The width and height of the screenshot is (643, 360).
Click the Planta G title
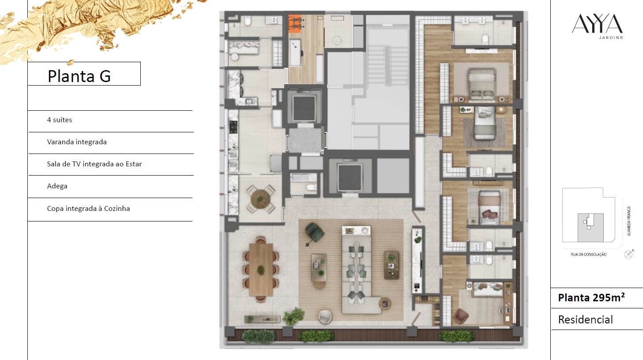tap(79, 76)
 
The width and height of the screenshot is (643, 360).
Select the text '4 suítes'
tap(60, 120)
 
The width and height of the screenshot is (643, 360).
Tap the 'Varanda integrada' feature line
tap(77, 142)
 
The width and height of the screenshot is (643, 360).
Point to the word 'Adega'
tap(57, 186)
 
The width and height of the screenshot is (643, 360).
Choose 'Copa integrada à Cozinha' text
tap(88, 208)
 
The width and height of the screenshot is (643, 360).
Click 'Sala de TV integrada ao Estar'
tap(94, 164)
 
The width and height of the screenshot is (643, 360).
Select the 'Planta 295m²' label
tap(591, 298)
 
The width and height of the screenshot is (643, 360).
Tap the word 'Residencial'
tap(585, 319)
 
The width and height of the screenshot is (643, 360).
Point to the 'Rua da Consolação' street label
tap(588, 255)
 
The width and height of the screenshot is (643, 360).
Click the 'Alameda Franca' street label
tap(629, 221)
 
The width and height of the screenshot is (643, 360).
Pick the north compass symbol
tap(628, 254)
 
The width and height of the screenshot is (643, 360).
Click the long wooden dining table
tap(261, 270)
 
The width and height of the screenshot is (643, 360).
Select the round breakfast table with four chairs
tap(260, 199)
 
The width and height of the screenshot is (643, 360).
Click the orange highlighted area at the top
tap(294, 24)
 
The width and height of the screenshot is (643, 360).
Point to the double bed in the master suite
tap(482, 85)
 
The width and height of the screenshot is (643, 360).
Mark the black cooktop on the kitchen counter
tap(233, 127)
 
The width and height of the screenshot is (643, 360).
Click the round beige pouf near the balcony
tap(326, 317)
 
